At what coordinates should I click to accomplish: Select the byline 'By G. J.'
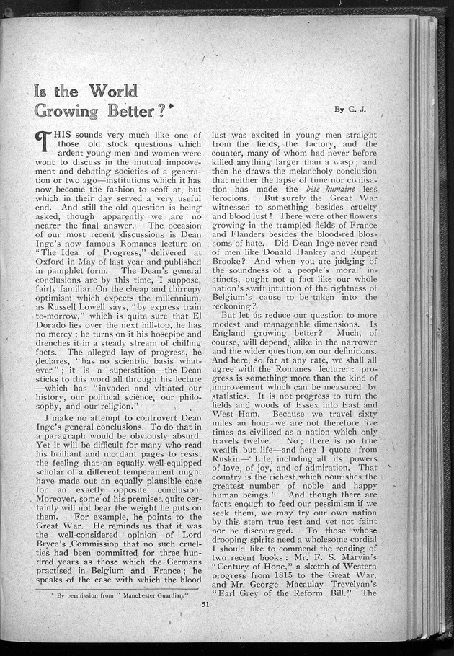coord(350,109)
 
